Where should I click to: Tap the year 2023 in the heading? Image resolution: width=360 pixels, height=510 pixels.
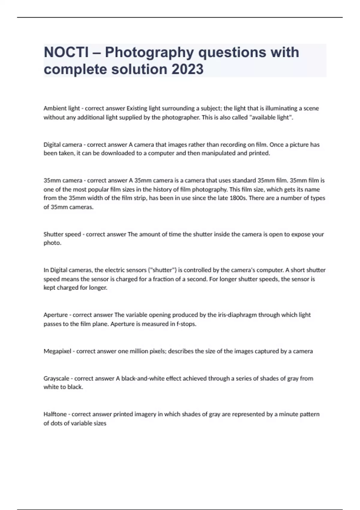coord(187,69)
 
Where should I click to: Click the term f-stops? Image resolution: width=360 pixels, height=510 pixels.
coord(185,324)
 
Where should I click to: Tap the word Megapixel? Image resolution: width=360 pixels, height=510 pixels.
coord(57,351)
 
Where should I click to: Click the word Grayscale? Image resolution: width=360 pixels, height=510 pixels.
coord(56,379)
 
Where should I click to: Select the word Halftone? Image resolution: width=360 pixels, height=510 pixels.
coord(55,414)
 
